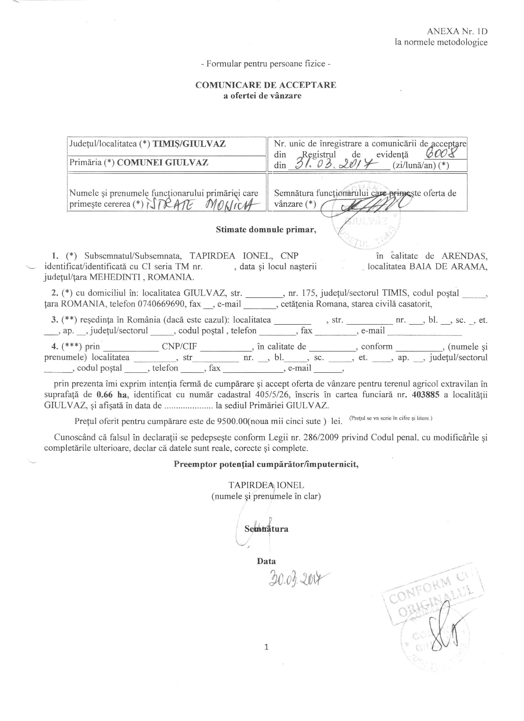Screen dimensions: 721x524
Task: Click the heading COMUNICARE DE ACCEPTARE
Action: click(265, 85)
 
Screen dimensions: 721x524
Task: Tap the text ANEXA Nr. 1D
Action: click(457, 31)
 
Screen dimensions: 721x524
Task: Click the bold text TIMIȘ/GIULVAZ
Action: click(189, 144)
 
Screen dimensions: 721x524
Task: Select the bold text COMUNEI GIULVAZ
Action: click(162, 162)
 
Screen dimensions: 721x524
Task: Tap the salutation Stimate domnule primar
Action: click(266, 230)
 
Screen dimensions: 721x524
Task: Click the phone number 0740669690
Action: click(162, 304)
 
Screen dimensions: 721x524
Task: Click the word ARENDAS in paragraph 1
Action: click(464, 256)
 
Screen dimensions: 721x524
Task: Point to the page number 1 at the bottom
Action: click(266, 647)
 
